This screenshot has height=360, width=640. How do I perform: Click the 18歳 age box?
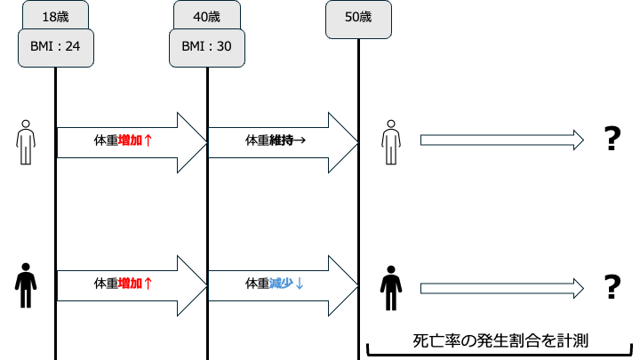pyautogui.click(x=55, y=16)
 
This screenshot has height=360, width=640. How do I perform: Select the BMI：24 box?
pyautogui.click(x=55, y=47)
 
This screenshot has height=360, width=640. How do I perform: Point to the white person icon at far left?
pyautogui.click(x=27, y=141)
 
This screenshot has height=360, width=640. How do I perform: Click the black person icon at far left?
pyautogui.click(x=27, y=284)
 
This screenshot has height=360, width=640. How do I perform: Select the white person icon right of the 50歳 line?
pyautogui.click(x=388, y=141)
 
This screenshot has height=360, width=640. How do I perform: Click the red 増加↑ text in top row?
pyautogui.click(x=136, y=140)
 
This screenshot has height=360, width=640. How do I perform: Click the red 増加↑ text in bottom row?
pyautogui.click(x=136, y=284)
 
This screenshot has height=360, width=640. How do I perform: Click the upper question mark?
pyautogui.click(x=611, y=140)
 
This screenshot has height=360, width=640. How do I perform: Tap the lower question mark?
pyautogui.click(x=611, y=286)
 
